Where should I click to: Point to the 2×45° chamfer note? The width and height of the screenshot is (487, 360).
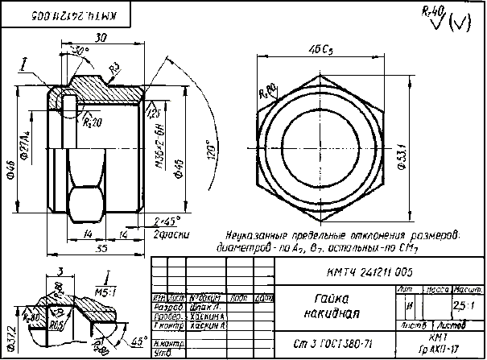tap(167, 220)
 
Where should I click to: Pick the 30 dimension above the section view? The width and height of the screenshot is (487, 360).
tap(101, 38)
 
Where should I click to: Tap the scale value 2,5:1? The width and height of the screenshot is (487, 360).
tap(463, 306)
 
